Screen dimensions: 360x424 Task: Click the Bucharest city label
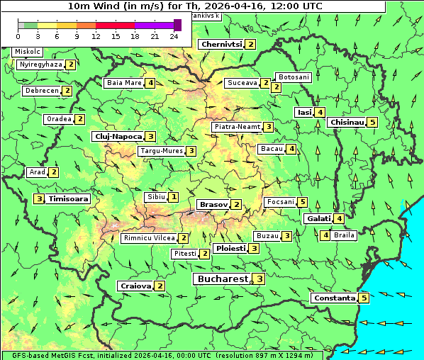pos(222,279)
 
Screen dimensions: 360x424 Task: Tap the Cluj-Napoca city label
pos(117,136)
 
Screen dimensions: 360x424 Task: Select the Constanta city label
pos(333,298)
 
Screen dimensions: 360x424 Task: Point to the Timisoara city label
pos(69,199)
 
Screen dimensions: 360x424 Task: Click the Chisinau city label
pos(347,122)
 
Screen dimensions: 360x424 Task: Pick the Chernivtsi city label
pos(221,45)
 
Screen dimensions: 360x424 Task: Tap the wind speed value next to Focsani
pos(303,202)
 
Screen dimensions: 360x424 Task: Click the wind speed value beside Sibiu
pos(174,196)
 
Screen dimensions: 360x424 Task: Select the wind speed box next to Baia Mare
pos(150,83)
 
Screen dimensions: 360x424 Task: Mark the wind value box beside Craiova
pos(161,286)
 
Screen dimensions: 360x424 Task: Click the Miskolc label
pos(28,52)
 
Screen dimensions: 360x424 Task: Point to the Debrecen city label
pos(41,91)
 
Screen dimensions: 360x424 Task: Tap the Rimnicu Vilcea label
pos(148,238)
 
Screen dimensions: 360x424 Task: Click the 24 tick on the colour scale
pos(174,36)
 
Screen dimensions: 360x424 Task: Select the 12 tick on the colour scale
pos(96,36)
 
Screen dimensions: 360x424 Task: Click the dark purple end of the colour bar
pos(177,25)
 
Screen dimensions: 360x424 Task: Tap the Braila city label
pos(344,235)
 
